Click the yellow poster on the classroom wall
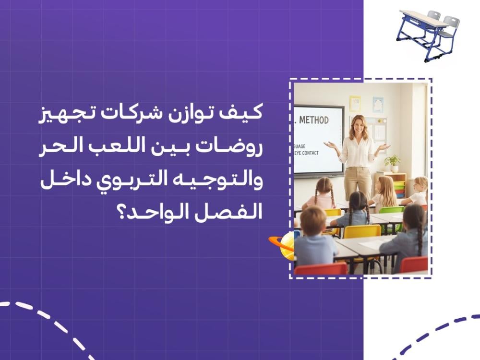pos(355,103)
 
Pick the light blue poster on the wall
pos(378,104)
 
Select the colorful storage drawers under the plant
pos(398,185)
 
